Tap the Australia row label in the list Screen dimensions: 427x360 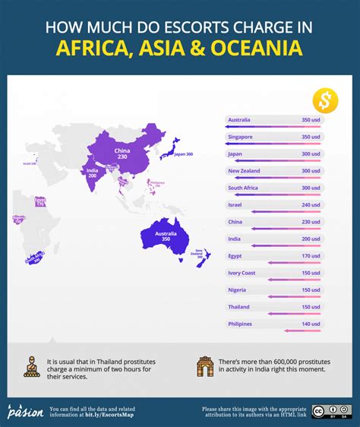(x=239, y=120)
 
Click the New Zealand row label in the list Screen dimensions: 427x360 (x=245, y=171)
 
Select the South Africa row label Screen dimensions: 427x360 (x=245, y=188)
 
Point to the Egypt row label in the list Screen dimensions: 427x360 (x=236, y=256)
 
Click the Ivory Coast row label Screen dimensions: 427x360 (x=242, y=273)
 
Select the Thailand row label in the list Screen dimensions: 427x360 (x=239, y=307)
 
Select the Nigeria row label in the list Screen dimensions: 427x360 (x=237, y=289)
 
